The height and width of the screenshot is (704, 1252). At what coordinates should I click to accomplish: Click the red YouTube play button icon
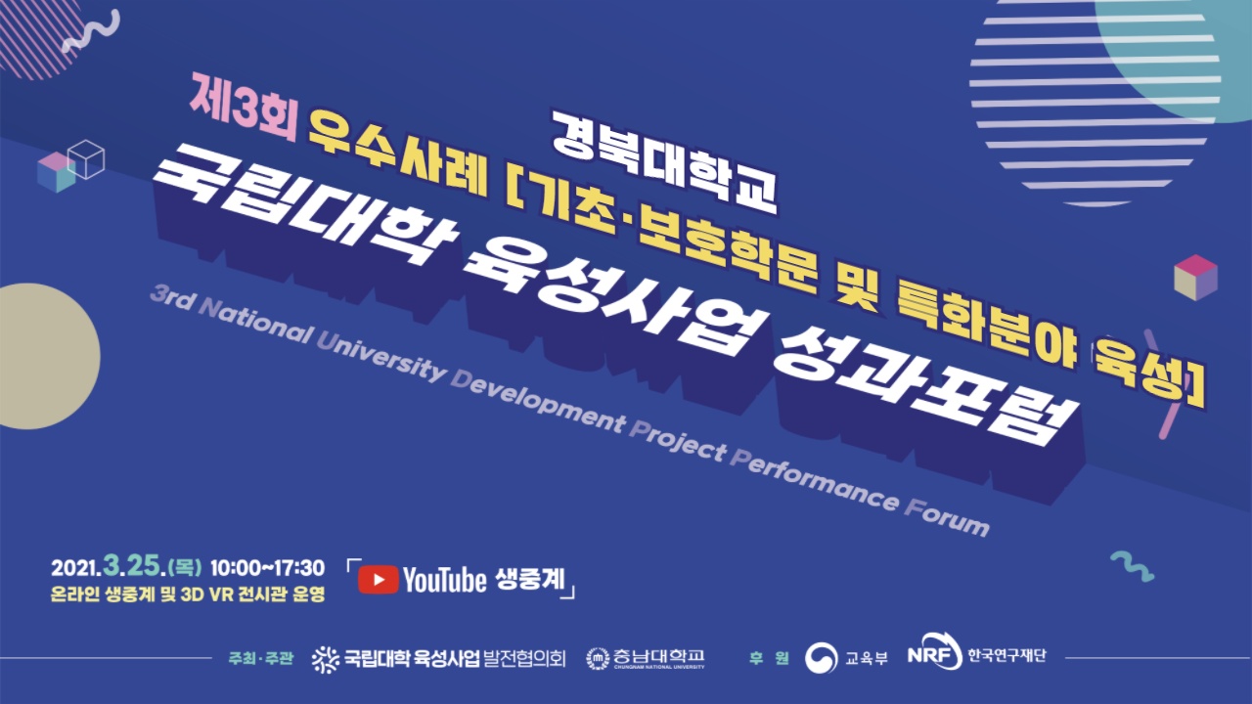click(x=378, y=580)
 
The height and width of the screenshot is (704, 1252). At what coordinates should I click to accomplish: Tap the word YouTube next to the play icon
click(x=445, y=580)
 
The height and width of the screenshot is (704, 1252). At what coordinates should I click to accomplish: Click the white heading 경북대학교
click(x=664, y=162)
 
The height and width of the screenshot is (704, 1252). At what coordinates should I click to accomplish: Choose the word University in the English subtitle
click(x=381, y=355)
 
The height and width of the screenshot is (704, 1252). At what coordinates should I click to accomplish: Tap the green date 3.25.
click(x=132, y=566)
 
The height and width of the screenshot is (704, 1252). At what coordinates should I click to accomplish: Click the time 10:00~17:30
click(x=267, y=568)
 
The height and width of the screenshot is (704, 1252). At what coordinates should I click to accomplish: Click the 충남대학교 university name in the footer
click(x=659, y=655)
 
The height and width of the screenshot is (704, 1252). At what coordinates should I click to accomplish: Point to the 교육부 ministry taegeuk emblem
click(x=821, y=658)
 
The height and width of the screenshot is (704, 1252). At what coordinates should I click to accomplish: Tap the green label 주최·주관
click(x=260, y=658)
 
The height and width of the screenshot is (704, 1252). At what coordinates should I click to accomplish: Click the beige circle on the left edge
click(x=49, y=357)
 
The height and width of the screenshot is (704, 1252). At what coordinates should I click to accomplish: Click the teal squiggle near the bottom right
click(x=1132, y=566)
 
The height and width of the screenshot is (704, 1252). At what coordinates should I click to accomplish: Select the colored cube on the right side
click(x=1195, y=278)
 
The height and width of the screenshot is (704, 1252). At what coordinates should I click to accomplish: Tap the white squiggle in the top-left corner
click(x=91, y=30)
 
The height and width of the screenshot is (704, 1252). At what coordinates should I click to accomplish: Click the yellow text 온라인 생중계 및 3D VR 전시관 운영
click(x=188, y=594)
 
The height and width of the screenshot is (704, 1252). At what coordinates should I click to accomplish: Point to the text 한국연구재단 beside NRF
click(x=1006, y=655)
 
